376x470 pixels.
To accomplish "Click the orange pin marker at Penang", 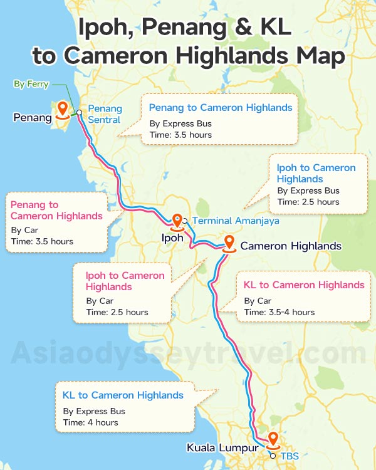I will (62, 110).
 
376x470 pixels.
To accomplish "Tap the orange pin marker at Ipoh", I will (177, 221).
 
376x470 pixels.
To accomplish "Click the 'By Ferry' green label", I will (31, 84).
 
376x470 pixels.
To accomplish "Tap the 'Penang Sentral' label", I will (105, 114).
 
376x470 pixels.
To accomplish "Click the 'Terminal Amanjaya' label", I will (235, 221).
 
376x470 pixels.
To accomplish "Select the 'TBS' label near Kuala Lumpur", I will (290, 456).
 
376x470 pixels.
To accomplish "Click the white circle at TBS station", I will (273, 456).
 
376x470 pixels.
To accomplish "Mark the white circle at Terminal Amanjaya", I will (185, 221).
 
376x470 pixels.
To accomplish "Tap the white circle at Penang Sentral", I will (80, 113).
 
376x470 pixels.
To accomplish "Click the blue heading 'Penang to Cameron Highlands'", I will (221, 108).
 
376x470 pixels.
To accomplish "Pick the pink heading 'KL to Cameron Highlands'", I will (304, 285).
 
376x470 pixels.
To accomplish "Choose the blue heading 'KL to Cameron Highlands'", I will (123, 395).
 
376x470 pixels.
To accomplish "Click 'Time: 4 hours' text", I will (90, 423).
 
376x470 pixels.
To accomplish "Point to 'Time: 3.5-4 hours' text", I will (279, 312).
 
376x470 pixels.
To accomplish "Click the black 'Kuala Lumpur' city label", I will (222, 448).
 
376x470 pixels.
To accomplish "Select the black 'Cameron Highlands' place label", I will (291, 246).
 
